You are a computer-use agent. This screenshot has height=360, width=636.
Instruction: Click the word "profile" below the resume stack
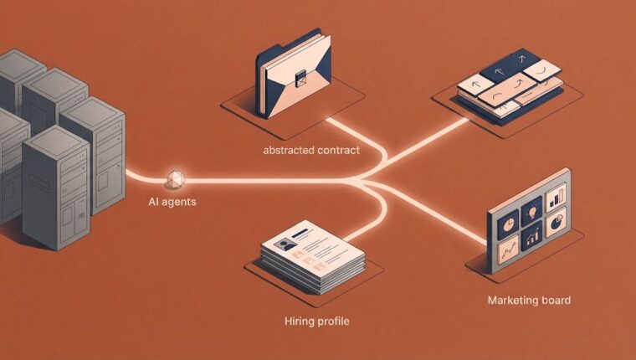[x=333, y=321]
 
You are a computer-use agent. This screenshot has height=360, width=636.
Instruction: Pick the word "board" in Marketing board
[x=556, y=301]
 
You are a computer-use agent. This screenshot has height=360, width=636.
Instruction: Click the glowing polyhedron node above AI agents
[x=176, y=179]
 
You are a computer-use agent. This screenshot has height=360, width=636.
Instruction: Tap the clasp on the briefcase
[x=301, y=78]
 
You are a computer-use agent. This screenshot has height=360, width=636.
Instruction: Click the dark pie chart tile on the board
[x=508, y=224]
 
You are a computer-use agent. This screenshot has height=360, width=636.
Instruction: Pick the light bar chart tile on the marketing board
[x=556, y=198]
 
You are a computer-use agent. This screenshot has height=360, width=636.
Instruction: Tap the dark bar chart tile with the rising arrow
[x=531, y=236]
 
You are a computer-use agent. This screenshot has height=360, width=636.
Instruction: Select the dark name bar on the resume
[x=300, y=233]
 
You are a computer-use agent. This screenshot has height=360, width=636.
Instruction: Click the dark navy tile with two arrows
[x=510, y=66]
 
